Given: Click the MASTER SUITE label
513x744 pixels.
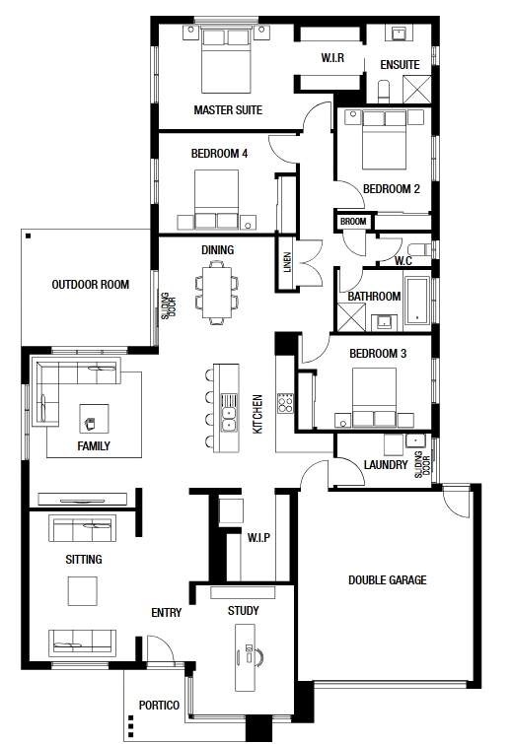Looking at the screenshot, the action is click(x=228, y=110).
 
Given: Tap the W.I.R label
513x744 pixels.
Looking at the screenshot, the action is click(x=332, y=58).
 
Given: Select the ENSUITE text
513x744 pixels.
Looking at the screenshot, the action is click(x=400, y=64).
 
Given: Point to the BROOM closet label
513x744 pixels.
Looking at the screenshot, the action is click(x=353, y=222).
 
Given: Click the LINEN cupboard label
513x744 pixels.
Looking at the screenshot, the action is click(x=287, y=262).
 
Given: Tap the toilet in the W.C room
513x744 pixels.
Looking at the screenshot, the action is click(x=419, y=249).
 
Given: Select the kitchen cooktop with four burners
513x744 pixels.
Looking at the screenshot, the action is click(x=285, y=404).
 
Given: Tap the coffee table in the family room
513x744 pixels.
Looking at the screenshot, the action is click(x=94, y=419).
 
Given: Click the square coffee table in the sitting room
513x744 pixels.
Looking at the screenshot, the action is click(x=83, y=591).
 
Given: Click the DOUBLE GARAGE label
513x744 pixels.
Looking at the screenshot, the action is click(x=388, y=580).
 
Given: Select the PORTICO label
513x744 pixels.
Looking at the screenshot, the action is click(x=159, y=706).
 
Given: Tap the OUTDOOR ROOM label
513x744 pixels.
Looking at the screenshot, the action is click(x=90, y=285).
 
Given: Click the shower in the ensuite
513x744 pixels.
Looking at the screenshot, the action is click(x=416, y=90).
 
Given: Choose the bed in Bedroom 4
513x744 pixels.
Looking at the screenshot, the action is click(x=217, y=199).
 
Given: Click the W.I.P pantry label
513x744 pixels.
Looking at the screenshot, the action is click(x=258, y=538).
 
